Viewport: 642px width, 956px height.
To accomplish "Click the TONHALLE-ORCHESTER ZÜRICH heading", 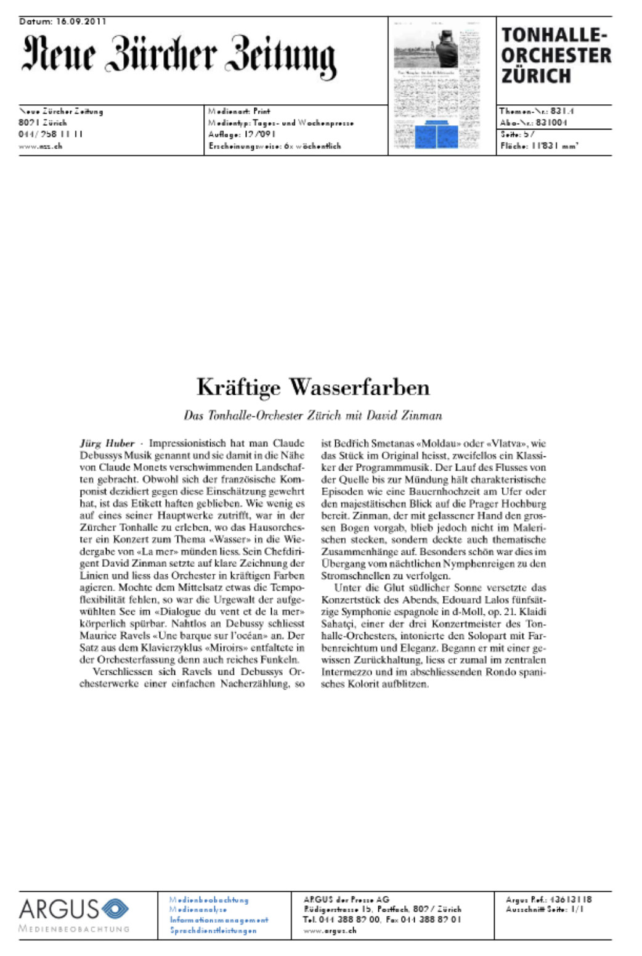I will click(555, 56).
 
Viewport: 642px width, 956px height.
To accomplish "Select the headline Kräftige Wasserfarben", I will click(313, 387).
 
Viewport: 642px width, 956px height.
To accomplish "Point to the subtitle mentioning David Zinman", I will click(313, 416).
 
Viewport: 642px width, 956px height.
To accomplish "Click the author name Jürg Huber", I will click(107, 443).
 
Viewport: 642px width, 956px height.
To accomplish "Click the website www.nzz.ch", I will click(40, 147).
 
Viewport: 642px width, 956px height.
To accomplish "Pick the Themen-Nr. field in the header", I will click(536, 112).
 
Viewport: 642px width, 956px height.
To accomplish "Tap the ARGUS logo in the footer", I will click(59, 909).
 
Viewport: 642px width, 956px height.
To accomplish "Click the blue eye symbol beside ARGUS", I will click(115, 909).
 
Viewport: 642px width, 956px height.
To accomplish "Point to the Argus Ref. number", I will click(548, 900).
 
